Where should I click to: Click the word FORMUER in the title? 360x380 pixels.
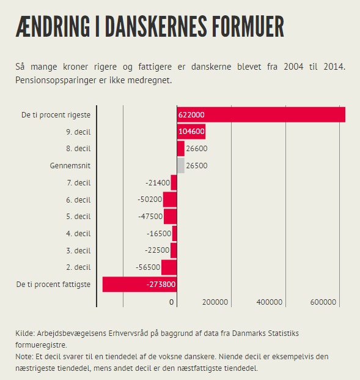[x=248, y=26]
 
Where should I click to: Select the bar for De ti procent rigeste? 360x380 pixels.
[x=261, y=114]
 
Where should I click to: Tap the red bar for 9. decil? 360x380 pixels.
[x=191, y=132]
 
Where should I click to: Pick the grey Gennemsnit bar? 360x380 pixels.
[x=180, y=165]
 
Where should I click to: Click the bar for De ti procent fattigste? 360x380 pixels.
[x=140, y=285]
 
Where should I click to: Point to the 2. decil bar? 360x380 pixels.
[x=169, y=267]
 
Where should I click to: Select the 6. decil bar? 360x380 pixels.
[x=170, y=199]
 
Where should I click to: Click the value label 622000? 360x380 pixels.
[x=191, y=114]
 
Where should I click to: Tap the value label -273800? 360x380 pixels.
[x=161, y=285]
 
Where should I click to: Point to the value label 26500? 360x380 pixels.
[x=197, y=166]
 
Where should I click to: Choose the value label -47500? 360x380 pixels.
[x=150, y=217]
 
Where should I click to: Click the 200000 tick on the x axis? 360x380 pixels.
[x=215, y=302]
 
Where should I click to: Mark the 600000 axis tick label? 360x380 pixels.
[x=323, y=302]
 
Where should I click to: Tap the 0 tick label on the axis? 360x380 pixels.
[x=171, y=302]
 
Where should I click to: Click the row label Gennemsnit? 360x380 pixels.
[x=70, y=166]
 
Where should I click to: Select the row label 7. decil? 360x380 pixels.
[x=79, y=183]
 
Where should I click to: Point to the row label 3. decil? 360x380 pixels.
[x=78, y=251]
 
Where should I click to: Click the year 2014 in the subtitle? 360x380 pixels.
[x=334, y=67]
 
